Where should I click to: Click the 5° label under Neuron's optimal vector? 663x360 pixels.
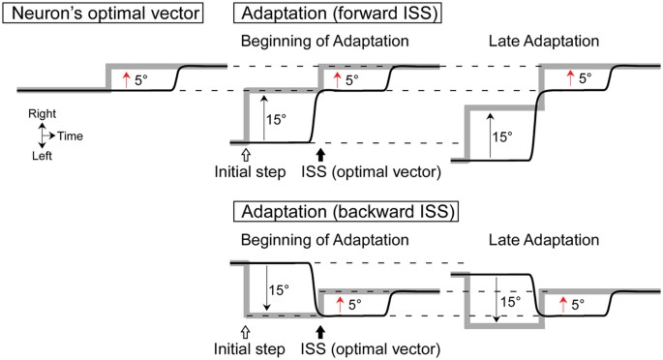141,80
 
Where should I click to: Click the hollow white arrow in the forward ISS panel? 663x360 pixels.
246,151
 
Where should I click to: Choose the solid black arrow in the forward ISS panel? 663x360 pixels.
319,151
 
